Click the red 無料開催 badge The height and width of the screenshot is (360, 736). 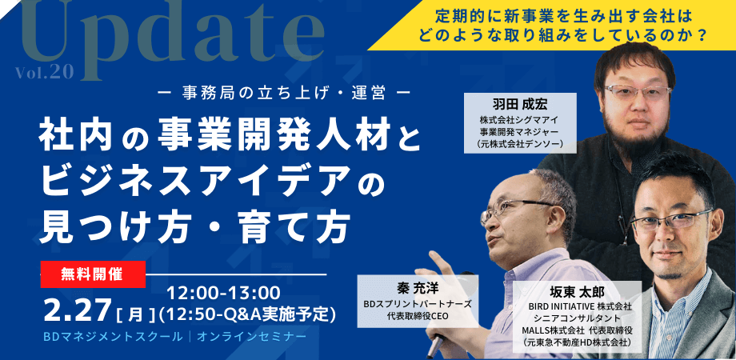[x=93, y=274]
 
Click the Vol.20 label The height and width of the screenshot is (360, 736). [x=44, y=72]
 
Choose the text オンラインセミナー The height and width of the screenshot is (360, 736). [x=252, y=337]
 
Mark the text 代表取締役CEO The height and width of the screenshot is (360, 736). [x=418, y=316]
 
